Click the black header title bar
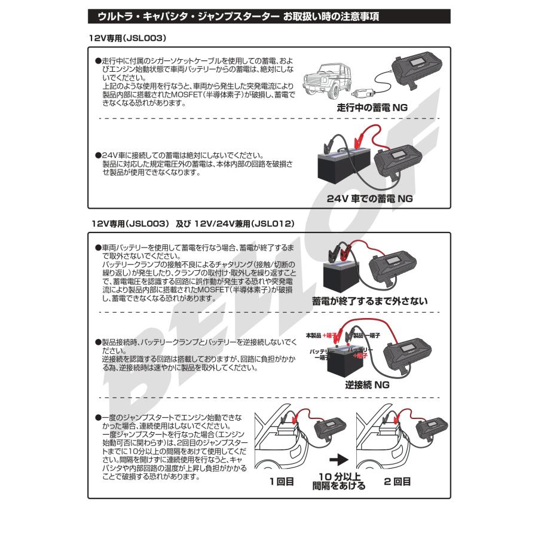click(269, 17)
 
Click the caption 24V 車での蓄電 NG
click(369, 197)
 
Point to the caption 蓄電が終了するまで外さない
click(370, 301)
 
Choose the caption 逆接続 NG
click(367, 386)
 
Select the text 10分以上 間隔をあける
click(339, 481)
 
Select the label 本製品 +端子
click(323, 335)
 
